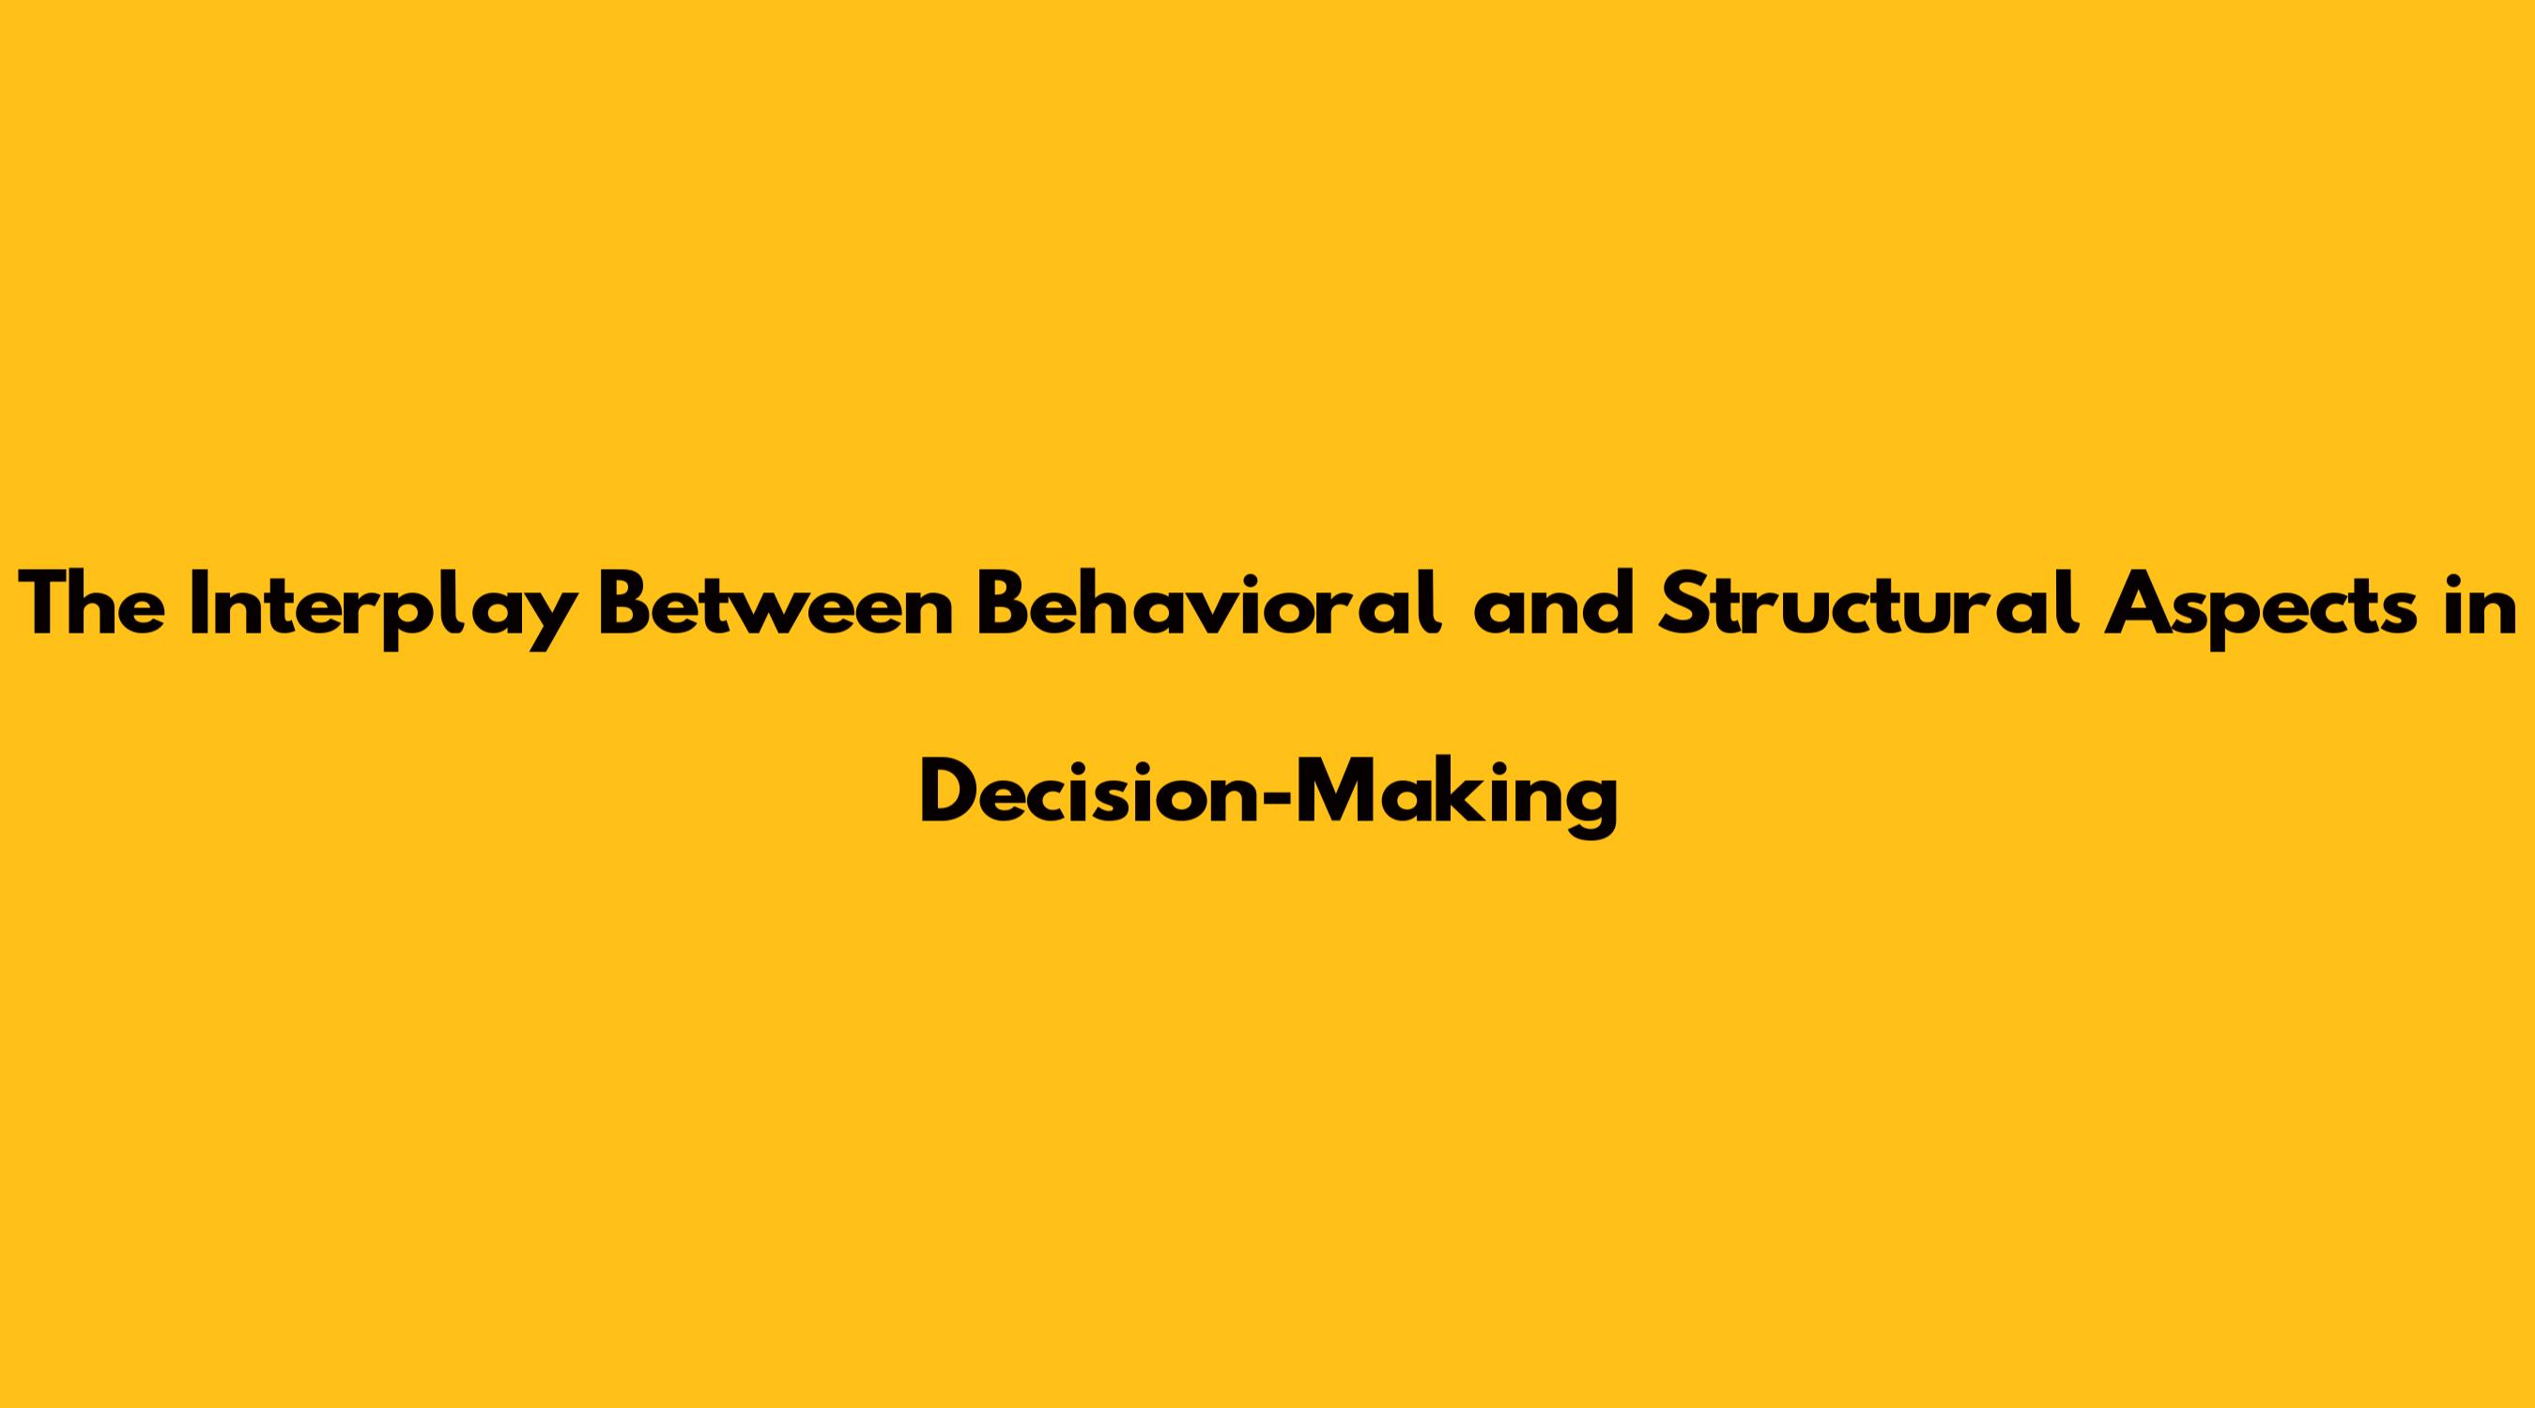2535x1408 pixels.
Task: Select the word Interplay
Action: (385, 610)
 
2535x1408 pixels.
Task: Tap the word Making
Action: (1456, 798)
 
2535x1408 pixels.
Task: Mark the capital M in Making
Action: (1333, 792)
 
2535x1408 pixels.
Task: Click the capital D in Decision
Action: (947, 792)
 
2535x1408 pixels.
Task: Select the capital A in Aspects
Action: (2134, 605)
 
